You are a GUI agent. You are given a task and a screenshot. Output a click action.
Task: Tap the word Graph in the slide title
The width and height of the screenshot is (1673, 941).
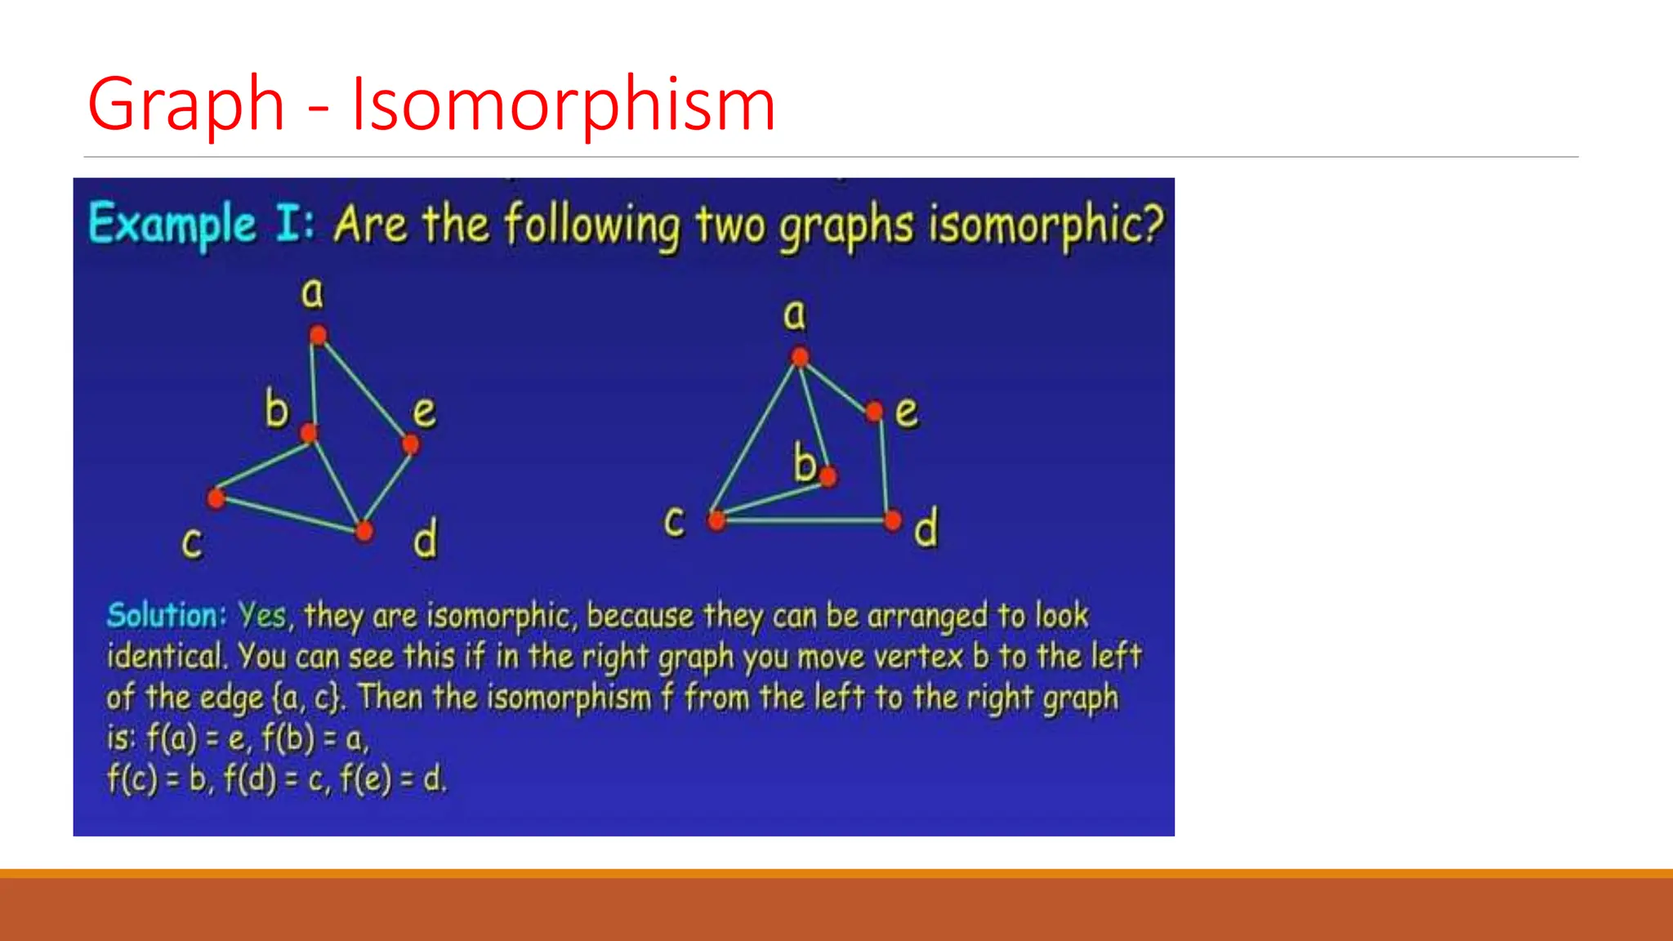(185, 105)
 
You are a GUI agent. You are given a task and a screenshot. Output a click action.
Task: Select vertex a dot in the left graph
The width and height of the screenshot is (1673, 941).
(318, 335)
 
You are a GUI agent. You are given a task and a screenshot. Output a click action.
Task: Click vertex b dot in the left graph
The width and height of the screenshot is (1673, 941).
(309, 432)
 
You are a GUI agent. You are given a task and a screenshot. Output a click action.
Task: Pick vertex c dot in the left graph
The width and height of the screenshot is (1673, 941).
(216, 497)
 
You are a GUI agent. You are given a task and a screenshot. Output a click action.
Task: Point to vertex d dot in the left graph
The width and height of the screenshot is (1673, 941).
(364, 531)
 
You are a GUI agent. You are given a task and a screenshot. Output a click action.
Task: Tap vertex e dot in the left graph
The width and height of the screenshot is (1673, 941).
(410, 444)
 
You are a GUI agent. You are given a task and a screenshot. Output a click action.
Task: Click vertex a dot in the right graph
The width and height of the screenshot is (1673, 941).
(800, 357)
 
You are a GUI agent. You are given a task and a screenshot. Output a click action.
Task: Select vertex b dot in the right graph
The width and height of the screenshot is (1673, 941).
(828, 476)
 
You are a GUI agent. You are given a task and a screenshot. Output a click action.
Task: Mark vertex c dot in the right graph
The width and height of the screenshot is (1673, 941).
(716, 520)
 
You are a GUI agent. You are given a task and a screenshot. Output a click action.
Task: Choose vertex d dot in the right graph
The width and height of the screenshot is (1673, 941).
(892, 520)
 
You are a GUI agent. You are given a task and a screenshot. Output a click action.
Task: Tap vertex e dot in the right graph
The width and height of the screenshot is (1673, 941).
(874, 410)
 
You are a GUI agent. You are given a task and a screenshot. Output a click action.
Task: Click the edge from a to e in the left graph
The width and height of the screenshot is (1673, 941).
(364, 390)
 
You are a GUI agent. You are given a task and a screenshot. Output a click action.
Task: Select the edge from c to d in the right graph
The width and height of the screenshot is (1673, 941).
(805, 520)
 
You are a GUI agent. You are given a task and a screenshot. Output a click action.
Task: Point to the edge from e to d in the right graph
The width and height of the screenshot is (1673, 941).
(883, 466)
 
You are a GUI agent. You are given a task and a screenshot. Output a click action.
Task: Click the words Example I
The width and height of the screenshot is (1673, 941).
(200, 224)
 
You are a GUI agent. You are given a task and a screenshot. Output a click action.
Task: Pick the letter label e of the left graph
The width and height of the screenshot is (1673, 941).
(424, 411)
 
